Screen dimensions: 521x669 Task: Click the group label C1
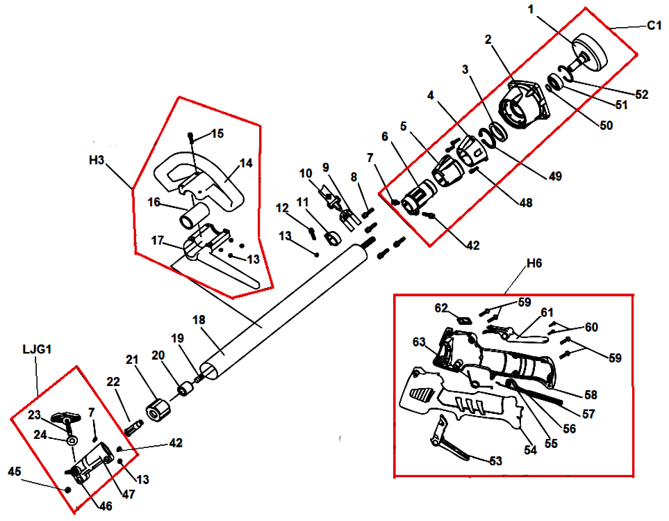click(654, 26)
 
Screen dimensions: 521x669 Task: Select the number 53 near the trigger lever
click(495, 460)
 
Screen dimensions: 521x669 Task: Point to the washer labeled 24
click(72, 442)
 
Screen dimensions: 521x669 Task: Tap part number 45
click(14, 471)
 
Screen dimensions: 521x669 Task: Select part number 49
click(554, 177)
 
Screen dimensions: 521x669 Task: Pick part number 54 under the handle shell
click(531, 450)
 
